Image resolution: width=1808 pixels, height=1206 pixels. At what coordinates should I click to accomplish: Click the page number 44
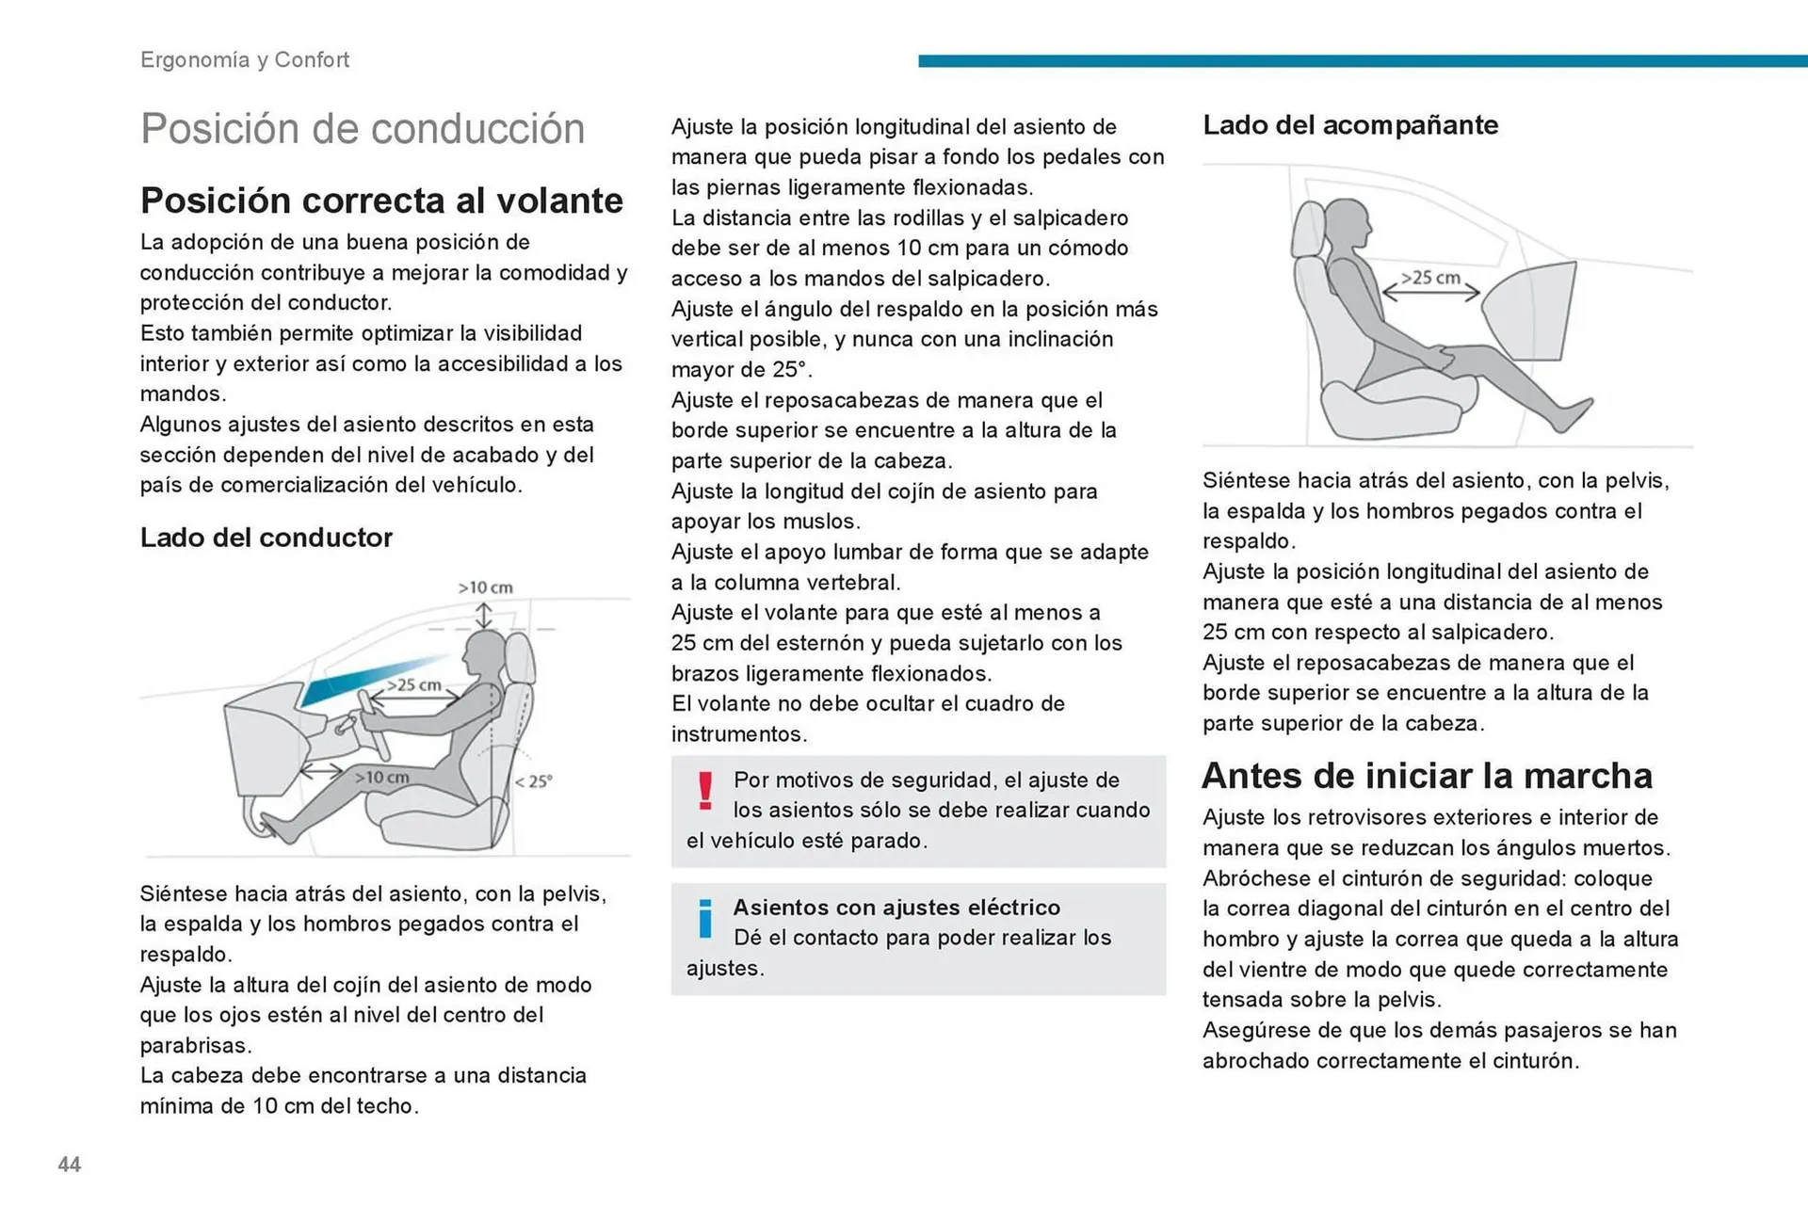point(69,1165)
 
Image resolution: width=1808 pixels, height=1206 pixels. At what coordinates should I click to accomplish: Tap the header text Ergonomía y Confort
point(244,59)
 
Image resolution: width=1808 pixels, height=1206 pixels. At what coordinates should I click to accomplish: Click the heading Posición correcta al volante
point(381,201)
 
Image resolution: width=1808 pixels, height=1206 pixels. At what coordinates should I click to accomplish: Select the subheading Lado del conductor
point(266,538)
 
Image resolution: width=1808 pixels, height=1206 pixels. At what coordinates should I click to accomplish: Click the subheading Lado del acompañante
point(1349,125)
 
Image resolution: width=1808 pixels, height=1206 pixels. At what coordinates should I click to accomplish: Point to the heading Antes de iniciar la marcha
point(1427,776)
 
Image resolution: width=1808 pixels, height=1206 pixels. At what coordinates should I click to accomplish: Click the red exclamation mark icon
point(705,791)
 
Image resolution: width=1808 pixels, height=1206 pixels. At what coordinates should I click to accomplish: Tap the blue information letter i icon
point(704,919)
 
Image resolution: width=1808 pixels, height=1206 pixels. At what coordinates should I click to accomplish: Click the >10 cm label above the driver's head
point(485,587)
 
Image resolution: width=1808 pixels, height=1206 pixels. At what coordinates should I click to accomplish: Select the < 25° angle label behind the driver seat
point(533,781)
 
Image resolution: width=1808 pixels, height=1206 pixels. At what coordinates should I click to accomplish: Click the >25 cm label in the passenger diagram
point(1429,278)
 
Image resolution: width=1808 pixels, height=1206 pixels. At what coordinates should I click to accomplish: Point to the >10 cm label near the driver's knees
point(381,778)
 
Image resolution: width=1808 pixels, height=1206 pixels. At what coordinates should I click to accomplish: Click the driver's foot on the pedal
point(279,828)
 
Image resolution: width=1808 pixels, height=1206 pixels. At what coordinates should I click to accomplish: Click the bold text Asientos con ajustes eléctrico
point(896,908)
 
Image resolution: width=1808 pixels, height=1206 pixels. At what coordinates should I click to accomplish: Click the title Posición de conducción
point(362,129)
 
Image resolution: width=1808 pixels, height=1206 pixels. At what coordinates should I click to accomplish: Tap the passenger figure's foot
point(1573,414)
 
